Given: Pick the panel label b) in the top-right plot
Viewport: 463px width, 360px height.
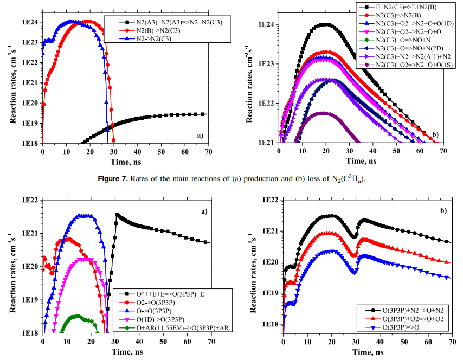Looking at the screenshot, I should pos(435,133).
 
